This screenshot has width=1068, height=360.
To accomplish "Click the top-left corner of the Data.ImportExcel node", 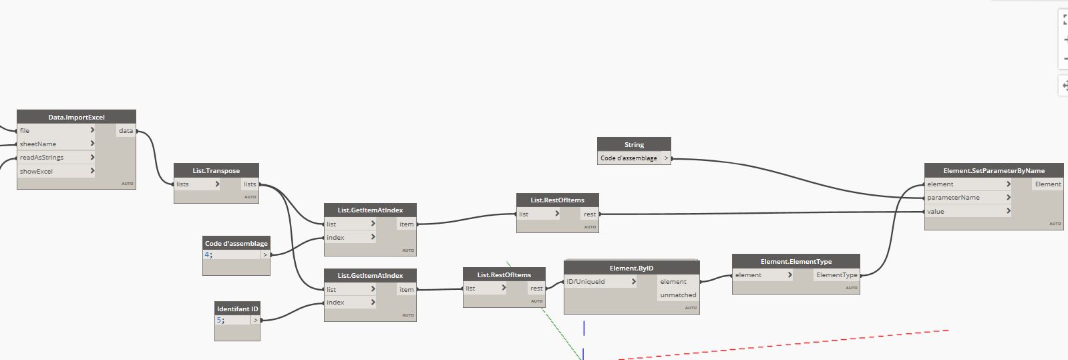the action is (17, 110).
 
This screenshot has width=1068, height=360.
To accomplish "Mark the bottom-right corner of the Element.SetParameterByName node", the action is (1063, 230).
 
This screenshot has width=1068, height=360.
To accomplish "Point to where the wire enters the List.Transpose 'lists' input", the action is (174, 184).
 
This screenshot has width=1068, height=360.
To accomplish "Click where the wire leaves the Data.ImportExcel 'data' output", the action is (137, 131).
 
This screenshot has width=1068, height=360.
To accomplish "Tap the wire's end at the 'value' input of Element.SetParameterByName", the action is (924, 212).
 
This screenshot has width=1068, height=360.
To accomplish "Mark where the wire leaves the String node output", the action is (672, 158).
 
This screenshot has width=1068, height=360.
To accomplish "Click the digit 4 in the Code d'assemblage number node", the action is (207, 254).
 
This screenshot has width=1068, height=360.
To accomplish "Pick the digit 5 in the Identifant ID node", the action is (219, 320).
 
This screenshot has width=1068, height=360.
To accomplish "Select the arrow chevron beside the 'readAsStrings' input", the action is (92, 157).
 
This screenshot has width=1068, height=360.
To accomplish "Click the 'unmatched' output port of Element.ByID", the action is (678, 295).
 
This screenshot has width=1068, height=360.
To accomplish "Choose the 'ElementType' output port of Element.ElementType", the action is (837, 275).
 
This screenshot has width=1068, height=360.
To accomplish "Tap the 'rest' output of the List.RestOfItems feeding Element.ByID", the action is (536, 289).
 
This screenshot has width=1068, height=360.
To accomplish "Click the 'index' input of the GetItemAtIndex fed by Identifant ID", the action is (336, 303).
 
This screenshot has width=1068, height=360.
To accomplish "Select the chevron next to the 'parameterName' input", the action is (1008, 197).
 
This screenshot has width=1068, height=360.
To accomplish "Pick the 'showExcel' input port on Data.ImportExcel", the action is (36, 171).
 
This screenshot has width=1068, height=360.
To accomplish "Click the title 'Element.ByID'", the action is (631, 268).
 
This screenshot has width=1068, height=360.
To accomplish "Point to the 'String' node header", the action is (634, 144).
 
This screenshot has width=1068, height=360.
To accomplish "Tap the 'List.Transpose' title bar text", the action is (216, 171).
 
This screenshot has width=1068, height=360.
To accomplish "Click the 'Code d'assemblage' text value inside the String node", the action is (629, 158).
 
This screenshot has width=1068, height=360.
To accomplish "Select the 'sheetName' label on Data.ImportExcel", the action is (38, 144).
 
